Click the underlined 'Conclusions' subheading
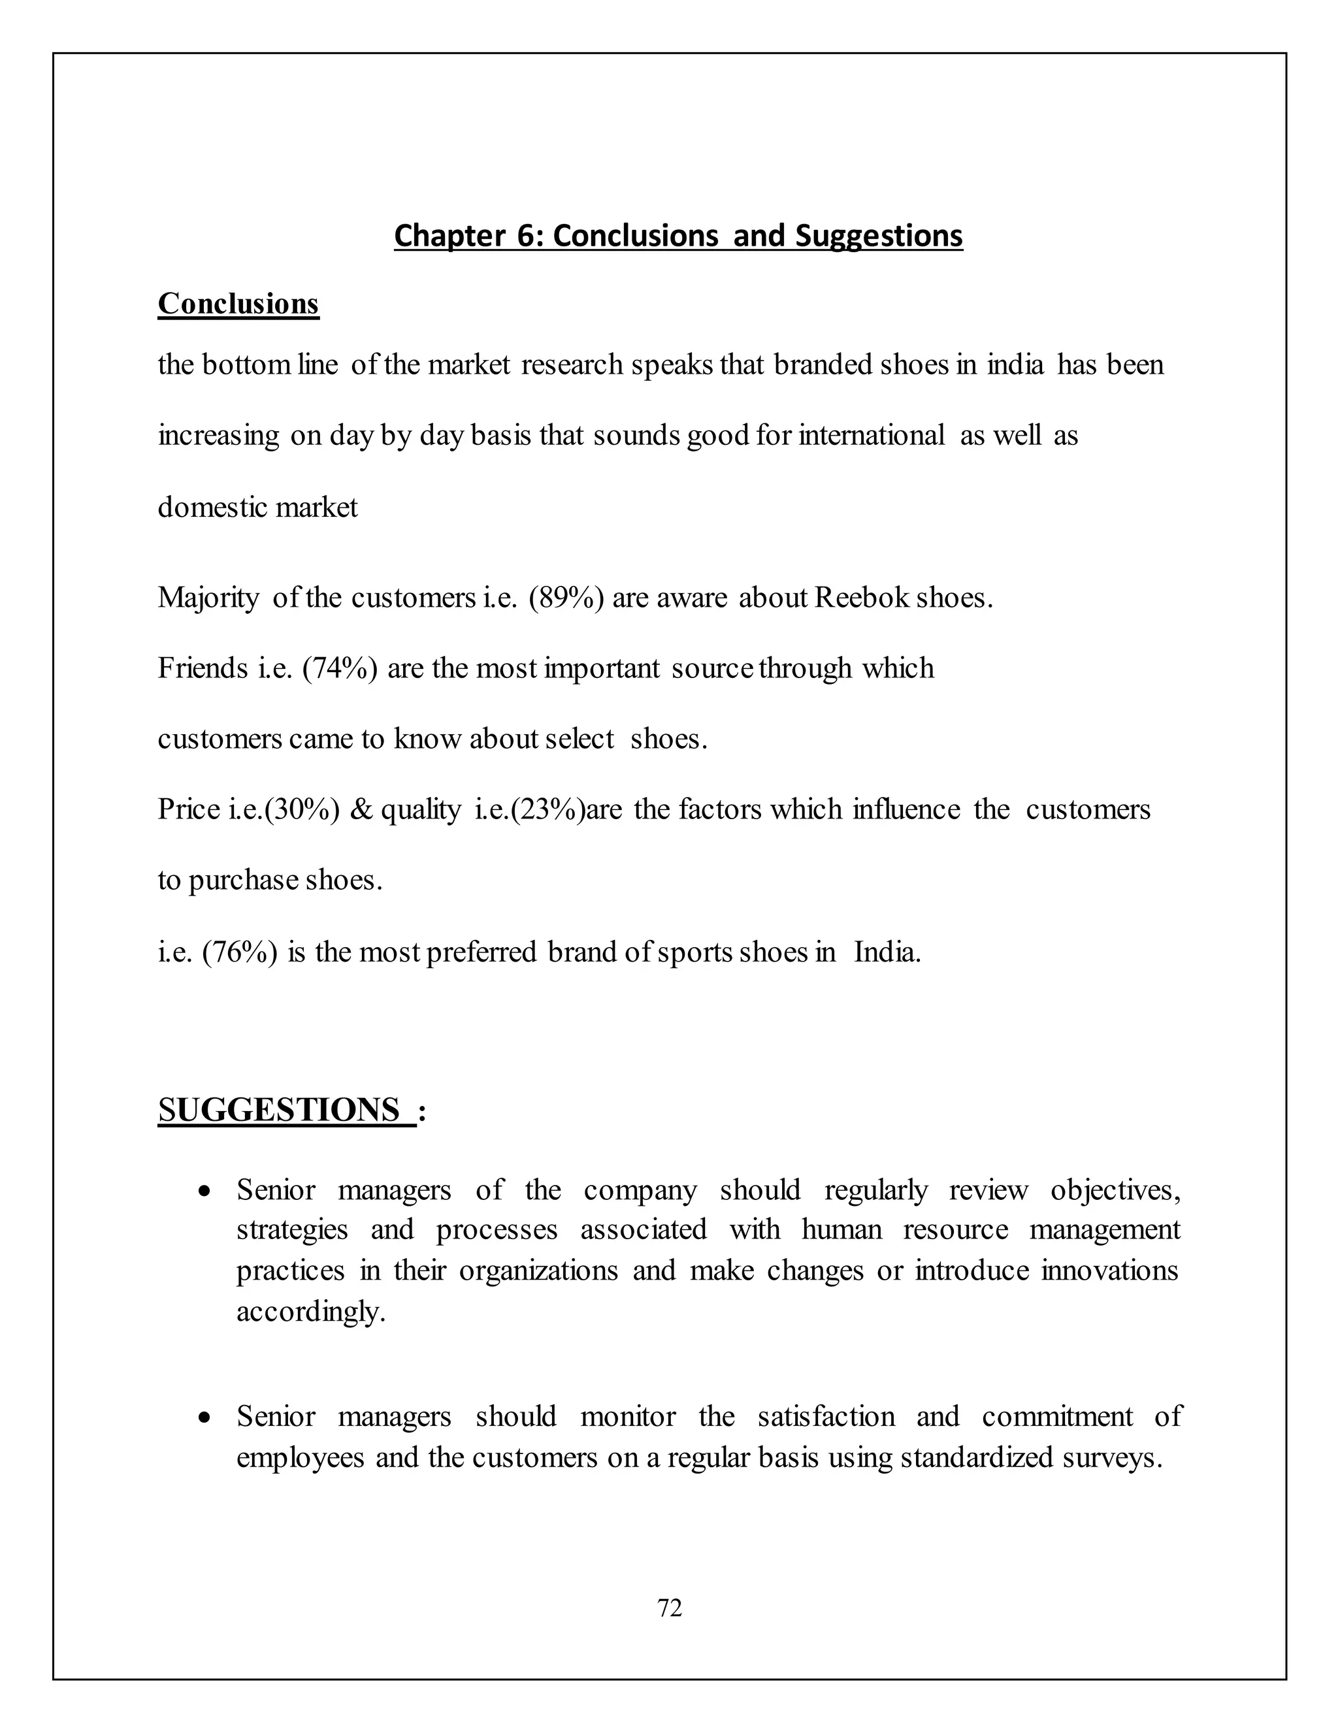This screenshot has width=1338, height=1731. pyautogui.click(x=238, y=304)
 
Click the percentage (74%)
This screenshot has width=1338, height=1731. pyautogui.click(x=339, y=668)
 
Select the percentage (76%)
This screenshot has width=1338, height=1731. pyautogui.click(x=240, y=951)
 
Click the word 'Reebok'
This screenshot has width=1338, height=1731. pyautogui.click(x=862, y=598)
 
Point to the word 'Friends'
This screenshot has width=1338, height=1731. pyautogui.click(x=203, y=668)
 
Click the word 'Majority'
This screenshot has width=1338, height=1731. pyautogui.click(x=208, y=598)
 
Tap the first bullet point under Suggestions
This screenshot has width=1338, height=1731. pyautogui.click(x=205, y=1191)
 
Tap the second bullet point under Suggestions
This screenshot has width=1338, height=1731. pyautogui.click(x=205, y=1418)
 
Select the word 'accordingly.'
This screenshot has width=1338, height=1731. pyautogui.click(x=311, y=1312)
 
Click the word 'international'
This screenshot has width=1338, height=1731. pyautogui.click(x=871, y=435)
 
